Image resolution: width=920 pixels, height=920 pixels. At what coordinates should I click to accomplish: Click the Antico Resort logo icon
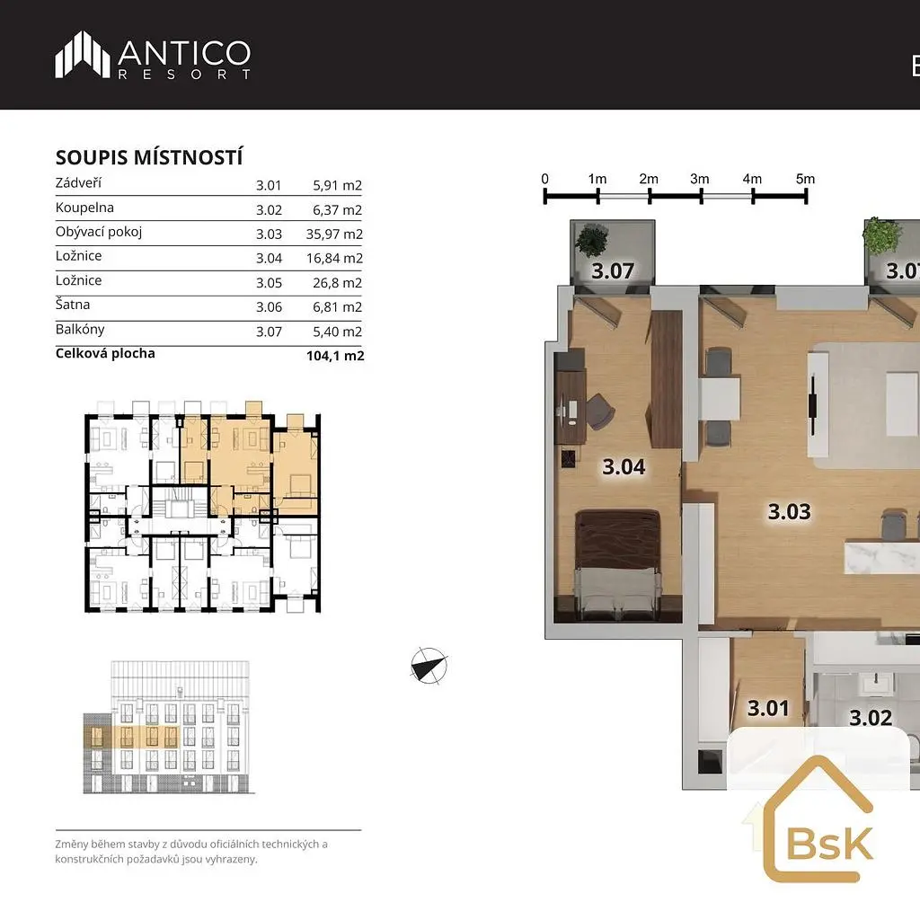point(82,55)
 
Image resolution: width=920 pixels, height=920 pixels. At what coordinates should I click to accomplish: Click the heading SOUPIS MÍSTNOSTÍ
point(149,157)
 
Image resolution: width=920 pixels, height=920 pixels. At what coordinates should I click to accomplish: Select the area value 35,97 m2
point(334,234)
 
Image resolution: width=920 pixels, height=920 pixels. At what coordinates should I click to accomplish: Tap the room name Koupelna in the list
point(84,208)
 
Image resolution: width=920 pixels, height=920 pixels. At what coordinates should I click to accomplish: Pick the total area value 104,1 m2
point(335,356)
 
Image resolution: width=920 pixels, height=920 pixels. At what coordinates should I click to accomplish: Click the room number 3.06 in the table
point(269,307)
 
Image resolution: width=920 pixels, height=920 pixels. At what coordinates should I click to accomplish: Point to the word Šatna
point(73,305)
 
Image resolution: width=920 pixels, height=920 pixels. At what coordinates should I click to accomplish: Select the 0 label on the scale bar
point(545,179)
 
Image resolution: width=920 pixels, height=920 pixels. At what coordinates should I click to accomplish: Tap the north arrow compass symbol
point(429,666)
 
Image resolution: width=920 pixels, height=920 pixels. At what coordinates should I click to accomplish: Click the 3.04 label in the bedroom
point(624,467)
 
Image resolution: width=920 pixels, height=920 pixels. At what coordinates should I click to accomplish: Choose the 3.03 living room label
point(790,511)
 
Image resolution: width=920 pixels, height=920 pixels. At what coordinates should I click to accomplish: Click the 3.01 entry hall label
point(768,708)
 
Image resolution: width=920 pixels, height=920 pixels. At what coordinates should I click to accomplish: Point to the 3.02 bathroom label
point(871,718)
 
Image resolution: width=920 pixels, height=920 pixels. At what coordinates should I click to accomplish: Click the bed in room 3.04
point(618,565)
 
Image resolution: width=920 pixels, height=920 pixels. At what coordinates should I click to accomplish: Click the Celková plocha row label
point(105,353)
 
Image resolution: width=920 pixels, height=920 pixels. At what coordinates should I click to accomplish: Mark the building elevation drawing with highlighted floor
point(169,728)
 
